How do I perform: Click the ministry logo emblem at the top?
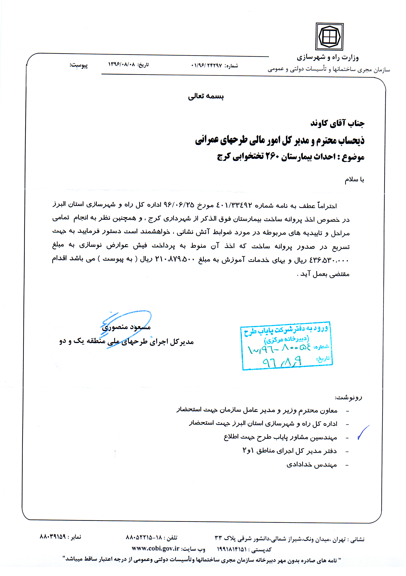click(x=329, y=37)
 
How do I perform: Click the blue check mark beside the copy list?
click(x=363, y=432)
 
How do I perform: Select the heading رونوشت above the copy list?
click(x=348, y=397)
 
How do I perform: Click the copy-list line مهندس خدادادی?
click(x=312, y=465)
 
